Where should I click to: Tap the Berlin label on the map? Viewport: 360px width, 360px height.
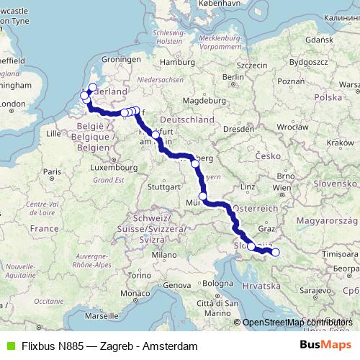point(231,77)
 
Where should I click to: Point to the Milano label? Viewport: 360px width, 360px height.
point(169,254)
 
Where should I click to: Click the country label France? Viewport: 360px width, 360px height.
point(44,228)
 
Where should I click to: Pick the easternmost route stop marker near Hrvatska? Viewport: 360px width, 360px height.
point(275,252)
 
